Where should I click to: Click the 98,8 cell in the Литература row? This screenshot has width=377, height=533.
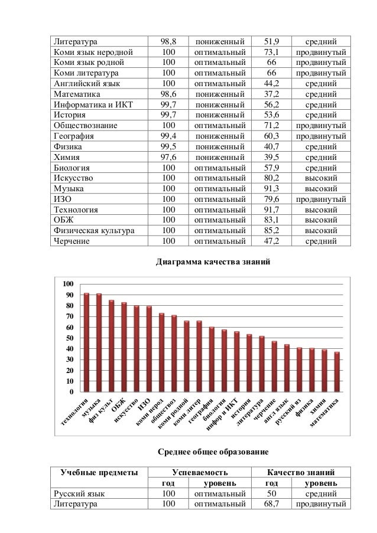click(169, 41)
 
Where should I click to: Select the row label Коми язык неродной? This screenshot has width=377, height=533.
click(92, 52)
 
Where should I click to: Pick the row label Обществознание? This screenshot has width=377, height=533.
click(86, 125)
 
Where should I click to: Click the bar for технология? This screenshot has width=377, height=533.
click(86, 342)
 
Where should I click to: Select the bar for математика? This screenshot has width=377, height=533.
click(337, 372)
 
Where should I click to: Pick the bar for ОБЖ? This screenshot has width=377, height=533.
click(124, 347)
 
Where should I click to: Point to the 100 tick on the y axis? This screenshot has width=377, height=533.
click(69, 284)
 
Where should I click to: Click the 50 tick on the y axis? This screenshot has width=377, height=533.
click(70, 338)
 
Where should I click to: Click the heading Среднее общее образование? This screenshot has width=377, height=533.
click(213, 452)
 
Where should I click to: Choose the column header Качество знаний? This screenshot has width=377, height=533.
click(301, 472)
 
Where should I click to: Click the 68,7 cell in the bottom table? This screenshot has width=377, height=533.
click(271, 504)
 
